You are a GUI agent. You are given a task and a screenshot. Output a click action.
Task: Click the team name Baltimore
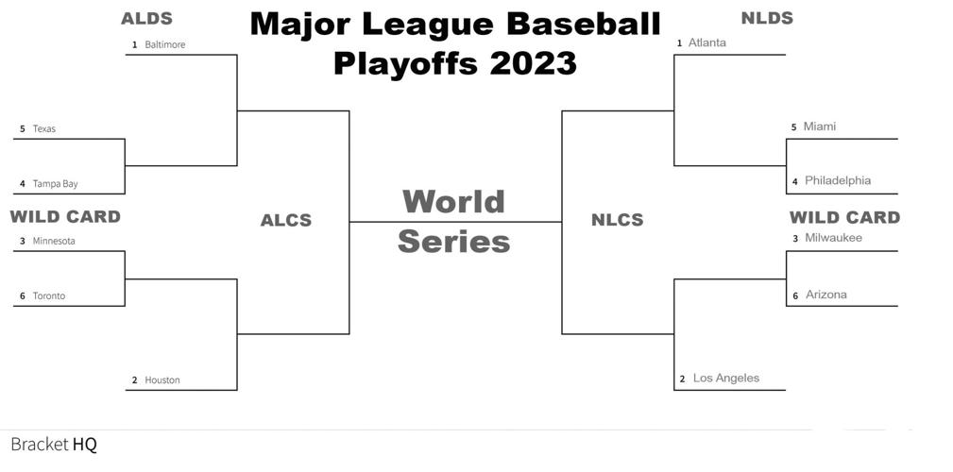(165, 44)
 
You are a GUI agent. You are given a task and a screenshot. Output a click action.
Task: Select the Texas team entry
(44, 128)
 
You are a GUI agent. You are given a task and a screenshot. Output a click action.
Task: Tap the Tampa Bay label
(55, 184)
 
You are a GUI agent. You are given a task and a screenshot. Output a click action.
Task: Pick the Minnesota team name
(54, 241)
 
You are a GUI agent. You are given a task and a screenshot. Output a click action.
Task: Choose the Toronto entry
(49, 295)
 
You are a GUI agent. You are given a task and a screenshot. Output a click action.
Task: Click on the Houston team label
(162, 380)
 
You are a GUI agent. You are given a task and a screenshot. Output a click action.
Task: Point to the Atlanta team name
(707, 42)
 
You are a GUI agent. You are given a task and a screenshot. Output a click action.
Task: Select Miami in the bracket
(820, 126)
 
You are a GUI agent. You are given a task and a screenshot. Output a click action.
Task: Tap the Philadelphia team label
(838, 180)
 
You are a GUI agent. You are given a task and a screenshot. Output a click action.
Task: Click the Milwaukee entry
(834, 238)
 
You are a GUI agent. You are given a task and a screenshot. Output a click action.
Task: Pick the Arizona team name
(826, 295)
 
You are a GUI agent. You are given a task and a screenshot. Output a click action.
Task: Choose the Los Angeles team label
(726, 379)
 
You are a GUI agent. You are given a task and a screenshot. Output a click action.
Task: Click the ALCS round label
(286, 220)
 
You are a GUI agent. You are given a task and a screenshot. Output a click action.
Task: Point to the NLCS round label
(617, 220)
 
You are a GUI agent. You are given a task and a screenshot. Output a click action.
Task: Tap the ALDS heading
(147, 18)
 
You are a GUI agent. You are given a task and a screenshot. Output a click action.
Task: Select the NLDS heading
(767, 17)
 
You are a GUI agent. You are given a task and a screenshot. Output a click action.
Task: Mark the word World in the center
(453, 201)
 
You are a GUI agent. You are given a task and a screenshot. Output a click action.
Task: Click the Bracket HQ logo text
(54, 444)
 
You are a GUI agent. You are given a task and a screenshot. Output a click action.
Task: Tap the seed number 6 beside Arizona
(795, 296)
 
